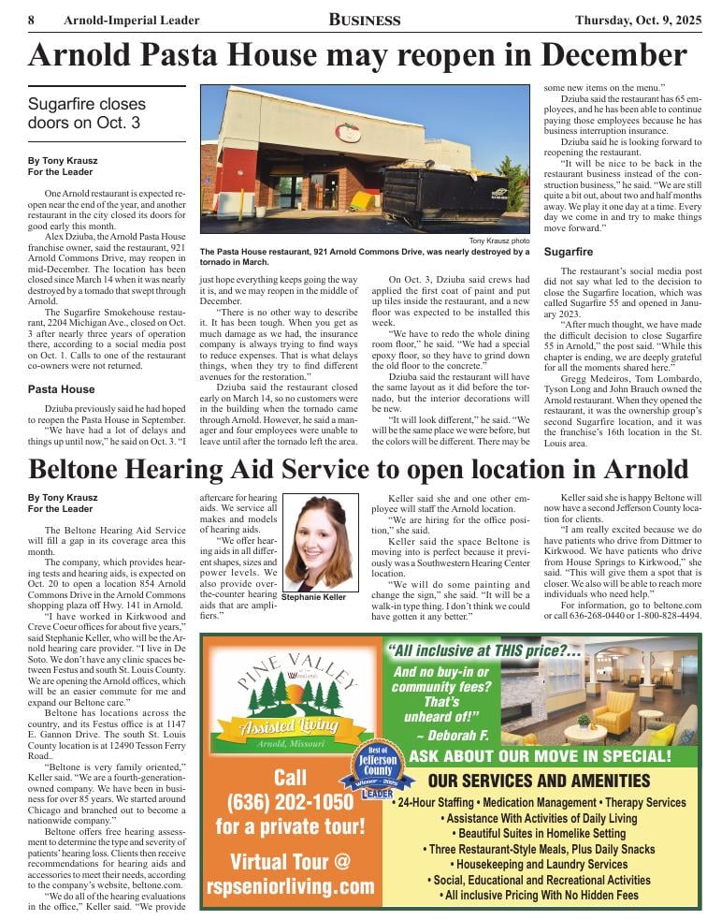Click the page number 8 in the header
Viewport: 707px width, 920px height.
(x=32, y=20)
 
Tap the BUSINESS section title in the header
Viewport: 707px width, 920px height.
(x=365, y=20)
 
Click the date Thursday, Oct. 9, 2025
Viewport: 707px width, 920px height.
(x=636, y=20)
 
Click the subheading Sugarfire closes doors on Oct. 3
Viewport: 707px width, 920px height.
(x=86, y=112)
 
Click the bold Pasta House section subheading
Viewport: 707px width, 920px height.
(x=61, y=388)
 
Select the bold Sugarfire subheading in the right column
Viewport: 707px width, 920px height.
(x=569, y=253)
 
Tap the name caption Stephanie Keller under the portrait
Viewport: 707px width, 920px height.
(x=313, y=597)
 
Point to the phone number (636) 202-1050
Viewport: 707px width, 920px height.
(x=290, y=802)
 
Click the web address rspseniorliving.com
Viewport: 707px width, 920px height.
(x=290, y=886)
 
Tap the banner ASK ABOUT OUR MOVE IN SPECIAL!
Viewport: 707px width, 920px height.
(x=551, y=755)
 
